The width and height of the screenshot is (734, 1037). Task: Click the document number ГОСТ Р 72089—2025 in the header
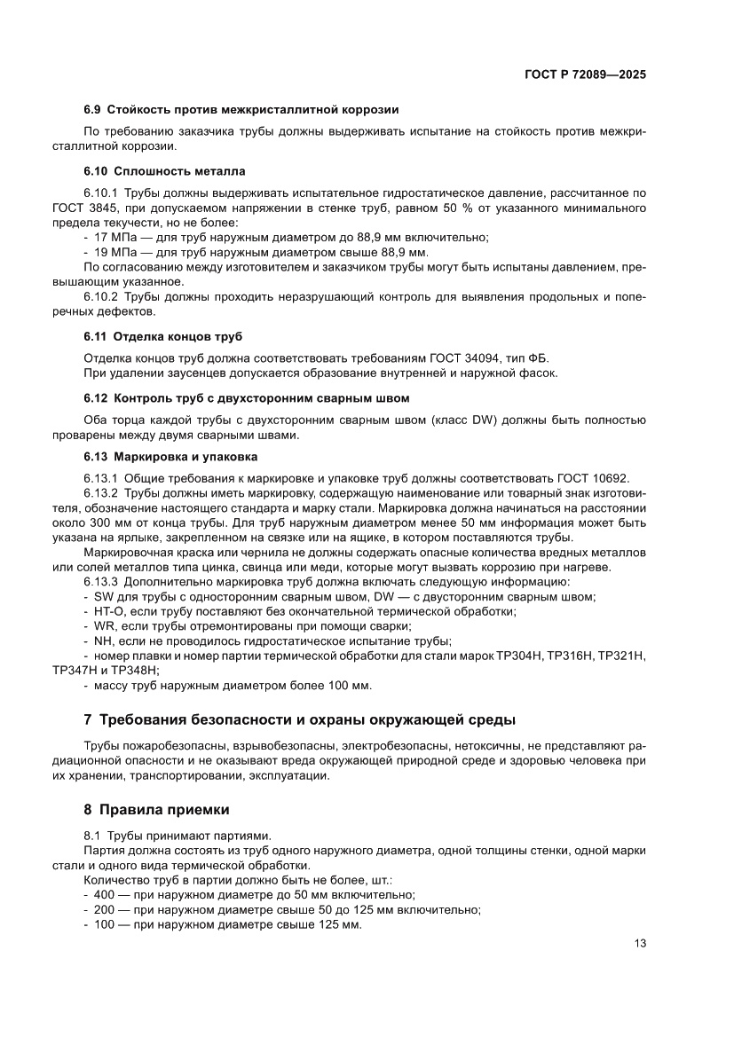tap(585, 75)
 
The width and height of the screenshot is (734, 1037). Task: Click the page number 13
tap(639, 944)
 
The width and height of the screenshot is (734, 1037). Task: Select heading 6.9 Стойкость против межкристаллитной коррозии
tap(241, 110)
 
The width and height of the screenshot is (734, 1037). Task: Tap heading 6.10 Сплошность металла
tap(164, 170)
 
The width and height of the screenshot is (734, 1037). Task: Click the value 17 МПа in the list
tap(114, 237)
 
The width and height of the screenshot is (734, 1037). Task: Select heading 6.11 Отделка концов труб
tap(163, 337)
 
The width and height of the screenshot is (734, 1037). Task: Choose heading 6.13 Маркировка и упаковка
tap(170, 457)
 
